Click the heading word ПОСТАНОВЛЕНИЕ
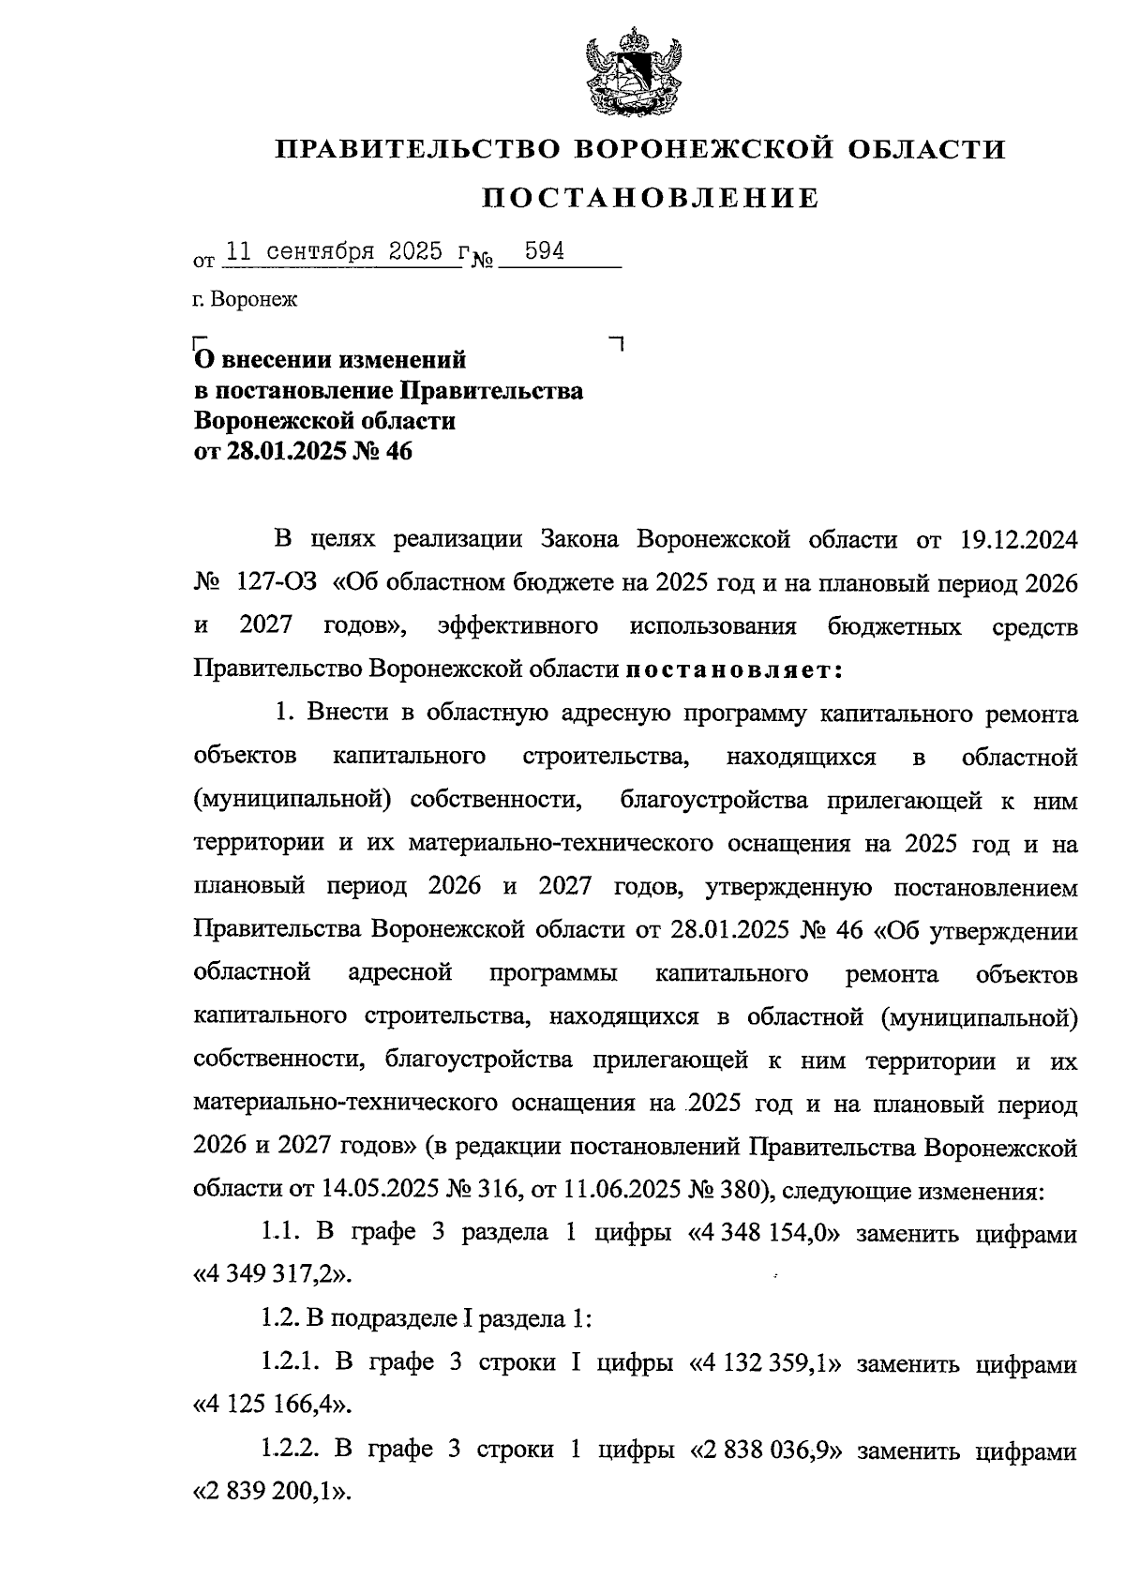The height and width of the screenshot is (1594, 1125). tap(651, 199)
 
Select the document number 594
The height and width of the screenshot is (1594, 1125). tap(544, 252)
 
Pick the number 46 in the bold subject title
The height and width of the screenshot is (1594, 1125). tap(397, 452)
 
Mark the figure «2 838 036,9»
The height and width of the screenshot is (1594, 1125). tap(764, 1451)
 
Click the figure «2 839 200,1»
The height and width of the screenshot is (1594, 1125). tap(273, 1491)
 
